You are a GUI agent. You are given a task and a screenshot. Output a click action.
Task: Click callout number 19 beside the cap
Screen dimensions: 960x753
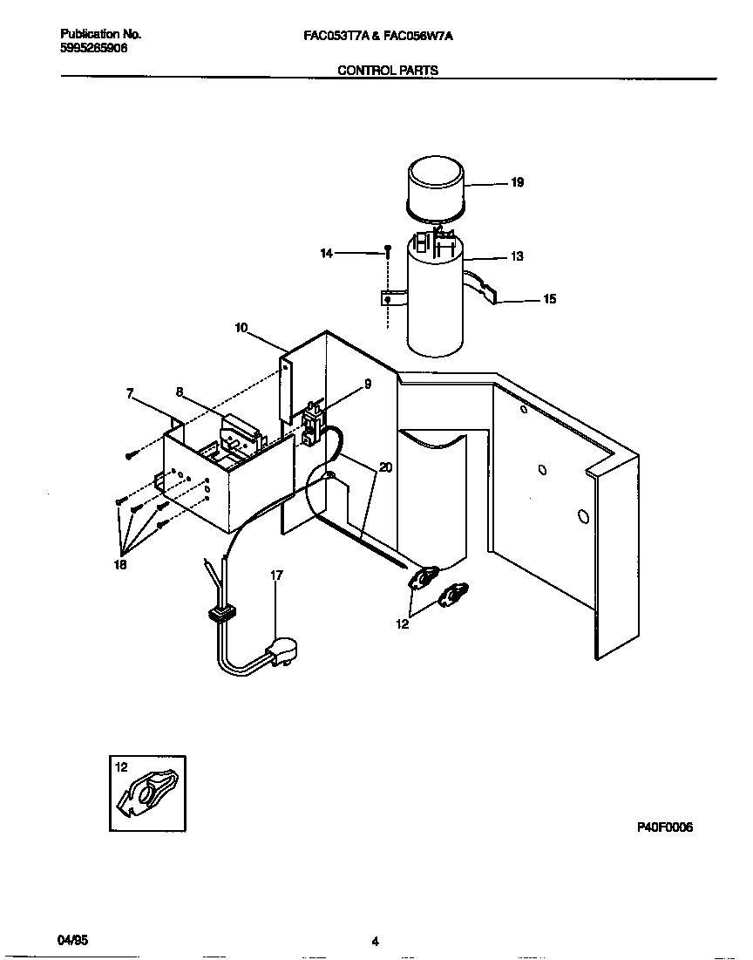pyautogui.click(x=517, y=183)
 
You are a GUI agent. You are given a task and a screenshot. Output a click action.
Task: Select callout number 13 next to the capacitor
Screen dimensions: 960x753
pyautogui.click(x=517, y=256)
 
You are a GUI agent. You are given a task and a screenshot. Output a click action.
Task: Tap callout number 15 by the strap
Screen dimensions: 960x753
pyautogui.click(x=549, y=299)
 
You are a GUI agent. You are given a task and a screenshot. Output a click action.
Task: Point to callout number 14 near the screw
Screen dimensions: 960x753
pyautogui.click(x=327, y=253)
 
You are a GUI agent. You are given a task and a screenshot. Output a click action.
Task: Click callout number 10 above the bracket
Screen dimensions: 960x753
pyautogui.click(x=241, y=328)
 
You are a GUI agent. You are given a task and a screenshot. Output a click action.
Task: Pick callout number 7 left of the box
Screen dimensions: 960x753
pyautogui.click(x=129, y=394)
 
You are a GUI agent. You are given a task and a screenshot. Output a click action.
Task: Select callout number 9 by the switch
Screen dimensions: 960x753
pyautogui.click(x=368, y=384)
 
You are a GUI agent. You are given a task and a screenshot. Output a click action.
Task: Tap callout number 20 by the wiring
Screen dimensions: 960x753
pyautogui.click(x=385, y=467)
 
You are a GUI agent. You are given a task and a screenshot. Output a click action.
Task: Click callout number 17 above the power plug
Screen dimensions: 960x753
pyautogui.click(x=276, y=575)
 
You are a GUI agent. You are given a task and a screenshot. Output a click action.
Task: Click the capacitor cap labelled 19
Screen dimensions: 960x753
pyautogui.click(x=437, y=186)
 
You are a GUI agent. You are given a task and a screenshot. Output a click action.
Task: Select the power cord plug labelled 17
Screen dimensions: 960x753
pyautogui.click(x=280, y=650)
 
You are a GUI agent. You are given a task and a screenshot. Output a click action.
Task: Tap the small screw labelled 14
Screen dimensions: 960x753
pyautogui.click(x=385, y=252)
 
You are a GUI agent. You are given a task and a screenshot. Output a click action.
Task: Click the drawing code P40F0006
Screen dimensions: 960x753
pyautogui.click(x=664, y=827)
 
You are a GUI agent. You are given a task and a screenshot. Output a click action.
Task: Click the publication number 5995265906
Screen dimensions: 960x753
pyautogui.click(x=94, y=49)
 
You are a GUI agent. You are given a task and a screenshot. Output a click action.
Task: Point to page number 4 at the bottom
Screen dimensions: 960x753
pyautogui.click(x=375, y=942)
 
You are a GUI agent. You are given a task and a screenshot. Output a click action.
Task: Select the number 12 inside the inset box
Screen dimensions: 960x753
pyautogui.click(x=121, y=767)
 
